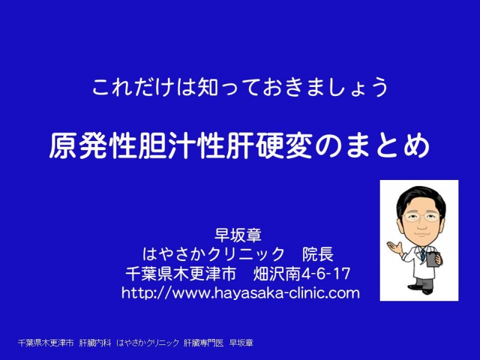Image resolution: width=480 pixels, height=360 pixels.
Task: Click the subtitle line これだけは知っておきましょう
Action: pyautogui.click(x=241, y=88)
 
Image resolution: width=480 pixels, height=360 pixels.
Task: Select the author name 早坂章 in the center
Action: pyautogui.click(x=238, y=235)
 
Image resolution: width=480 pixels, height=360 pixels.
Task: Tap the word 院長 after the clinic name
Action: pyautogui.click(x=318, y=254)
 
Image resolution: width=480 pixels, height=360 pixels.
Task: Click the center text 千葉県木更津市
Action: pyautogui.click(x=181, y=274)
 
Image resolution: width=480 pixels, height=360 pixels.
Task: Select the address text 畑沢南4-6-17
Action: pyautogui.click(x=302, y=274)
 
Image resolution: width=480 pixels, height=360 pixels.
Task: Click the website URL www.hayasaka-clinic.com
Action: pyautogui.click(x=241, y=293)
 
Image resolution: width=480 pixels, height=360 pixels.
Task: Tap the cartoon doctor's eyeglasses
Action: pyautogui.click(x=422, y=217)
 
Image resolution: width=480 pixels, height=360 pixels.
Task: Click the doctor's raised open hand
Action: pyautogui.click(x=395, y=247)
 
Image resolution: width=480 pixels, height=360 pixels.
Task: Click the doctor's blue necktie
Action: pyautogui.click(x=423, y=254)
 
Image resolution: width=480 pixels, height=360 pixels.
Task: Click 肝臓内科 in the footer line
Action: pyautogui.click(x=95, y=343)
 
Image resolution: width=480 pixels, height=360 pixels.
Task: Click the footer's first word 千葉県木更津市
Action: pyautogui.click(x=46, y=343)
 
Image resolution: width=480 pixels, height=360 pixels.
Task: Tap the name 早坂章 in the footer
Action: pyautogui.click(x=242, y=343)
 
